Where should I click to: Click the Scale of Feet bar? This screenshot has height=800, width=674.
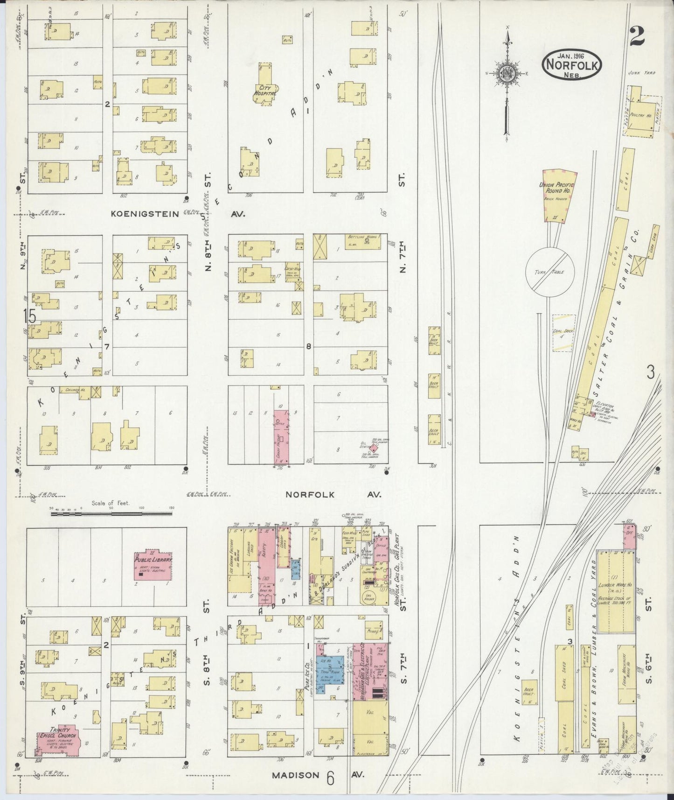(112, 514)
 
